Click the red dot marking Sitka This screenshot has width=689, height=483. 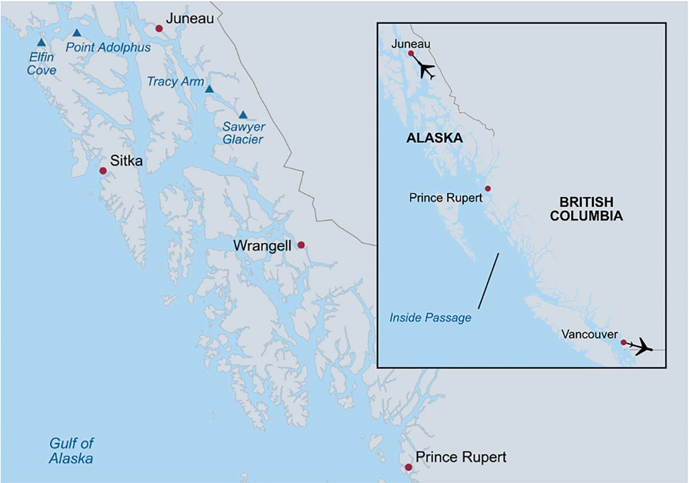[x=103, y=171]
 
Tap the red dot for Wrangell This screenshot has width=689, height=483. [x=301, y=245]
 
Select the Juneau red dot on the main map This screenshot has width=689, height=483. [x=159, y=29]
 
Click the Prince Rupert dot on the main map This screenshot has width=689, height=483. [x=409, y=467]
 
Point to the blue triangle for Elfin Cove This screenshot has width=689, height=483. [x=41, y=43]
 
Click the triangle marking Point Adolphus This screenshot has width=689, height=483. [x=77, y=33]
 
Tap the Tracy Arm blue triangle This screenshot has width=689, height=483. [x=209, y=89]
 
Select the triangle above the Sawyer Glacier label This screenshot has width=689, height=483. [x=243, y=115]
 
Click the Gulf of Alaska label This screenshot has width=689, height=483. [x=71, y=451]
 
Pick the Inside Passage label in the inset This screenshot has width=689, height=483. [x=430, y=318]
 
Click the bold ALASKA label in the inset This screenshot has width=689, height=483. [x=434, y=138]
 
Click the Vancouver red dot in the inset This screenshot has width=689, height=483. [x=623, y=342]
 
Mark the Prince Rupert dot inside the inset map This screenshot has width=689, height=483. [x=488, y=188]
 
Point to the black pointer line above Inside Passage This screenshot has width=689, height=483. [x=488, y=281]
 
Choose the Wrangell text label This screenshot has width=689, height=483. [x=262, y=246]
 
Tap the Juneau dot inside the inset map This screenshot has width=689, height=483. [x=411, y=53]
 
